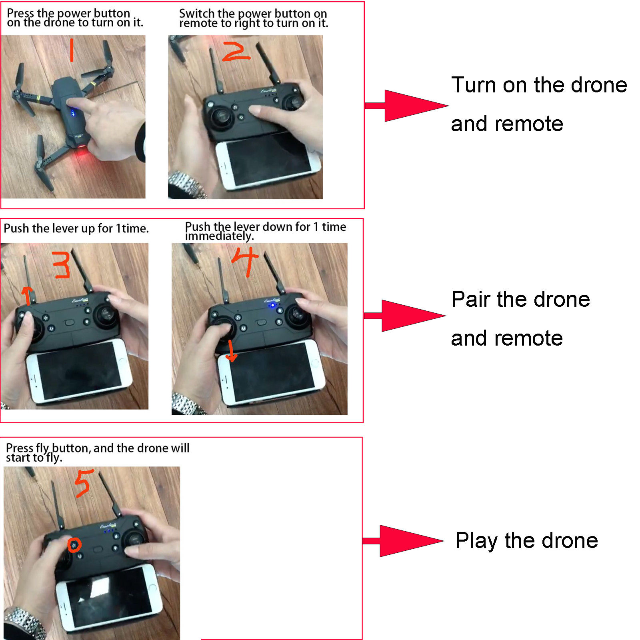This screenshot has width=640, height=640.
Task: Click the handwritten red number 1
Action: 72,50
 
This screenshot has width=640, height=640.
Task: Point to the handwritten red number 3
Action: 62,264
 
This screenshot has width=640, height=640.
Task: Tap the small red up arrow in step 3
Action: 27,295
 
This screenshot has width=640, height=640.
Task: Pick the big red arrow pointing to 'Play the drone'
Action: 402,541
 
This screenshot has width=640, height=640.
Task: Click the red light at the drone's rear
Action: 82,152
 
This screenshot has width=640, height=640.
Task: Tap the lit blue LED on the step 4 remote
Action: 273,306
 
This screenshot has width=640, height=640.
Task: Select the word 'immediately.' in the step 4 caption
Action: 219,236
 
